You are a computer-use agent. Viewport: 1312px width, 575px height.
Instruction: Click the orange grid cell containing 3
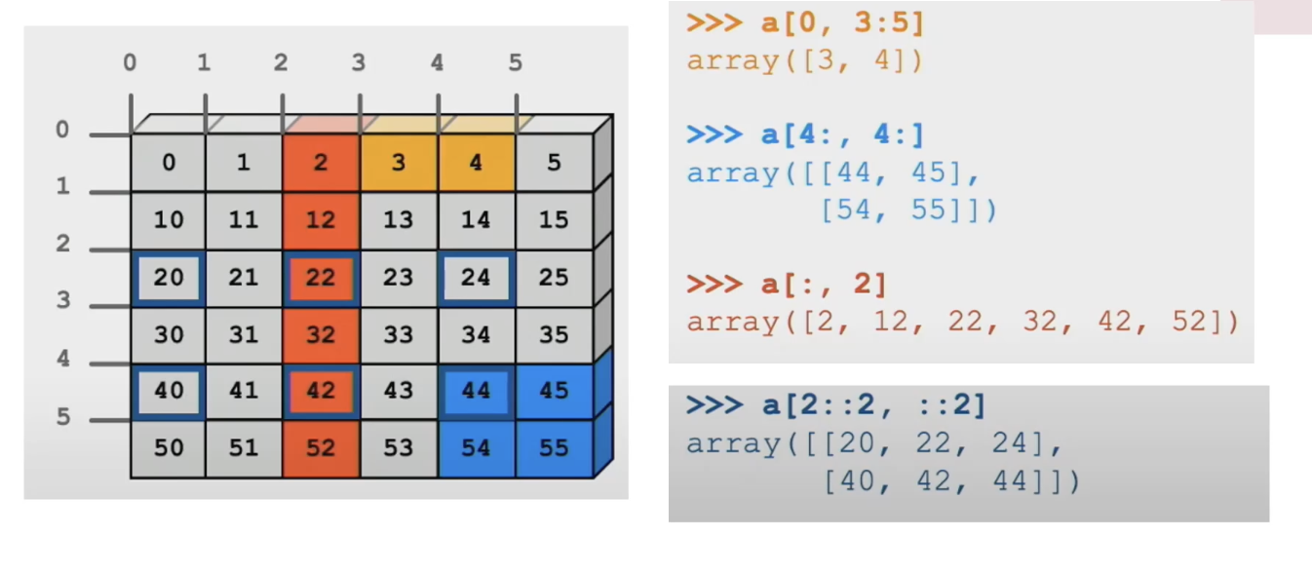[x=399, y=163]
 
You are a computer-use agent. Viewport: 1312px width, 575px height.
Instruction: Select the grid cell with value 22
[x=321, y=278]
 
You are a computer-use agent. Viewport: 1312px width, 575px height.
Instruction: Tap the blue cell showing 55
[x=554, y=448]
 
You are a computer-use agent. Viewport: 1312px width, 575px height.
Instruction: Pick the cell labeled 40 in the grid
[x=169, y=391]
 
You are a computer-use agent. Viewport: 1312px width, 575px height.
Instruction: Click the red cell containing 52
[x=321, y=448]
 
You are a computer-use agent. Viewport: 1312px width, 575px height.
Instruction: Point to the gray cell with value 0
[x=169, y=163]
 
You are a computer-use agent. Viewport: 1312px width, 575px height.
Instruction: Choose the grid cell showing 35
[x=554, y=335]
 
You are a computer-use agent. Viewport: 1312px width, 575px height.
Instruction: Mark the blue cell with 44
[x=476, y=391]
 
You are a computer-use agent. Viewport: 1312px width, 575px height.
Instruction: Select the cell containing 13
[x=399, y=220]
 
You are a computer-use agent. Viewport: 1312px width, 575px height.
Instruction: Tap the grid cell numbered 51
[x=244, y=448]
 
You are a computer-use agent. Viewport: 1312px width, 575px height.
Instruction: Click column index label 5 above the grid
[x=515, y=63]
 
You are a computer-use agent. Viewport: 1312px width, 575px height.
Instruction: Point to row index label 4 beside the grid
[x=63, y=359]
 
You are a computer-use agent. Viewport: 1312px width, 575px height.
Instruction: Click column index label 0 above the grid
[x=130, y=63]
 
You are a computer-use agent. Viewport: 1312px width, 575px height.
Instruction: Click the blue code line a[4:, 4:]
[x=805, y=135]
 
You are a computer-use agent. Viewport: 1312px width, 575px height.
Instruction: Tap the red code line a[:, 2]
[x=787, y=286]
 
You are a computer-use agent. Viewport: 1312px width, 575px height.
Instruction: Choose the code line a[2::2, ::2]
[x=835, y=405]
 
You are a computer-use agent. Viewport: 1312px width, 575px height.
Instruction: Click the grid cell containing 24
[x=476, y=278]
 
